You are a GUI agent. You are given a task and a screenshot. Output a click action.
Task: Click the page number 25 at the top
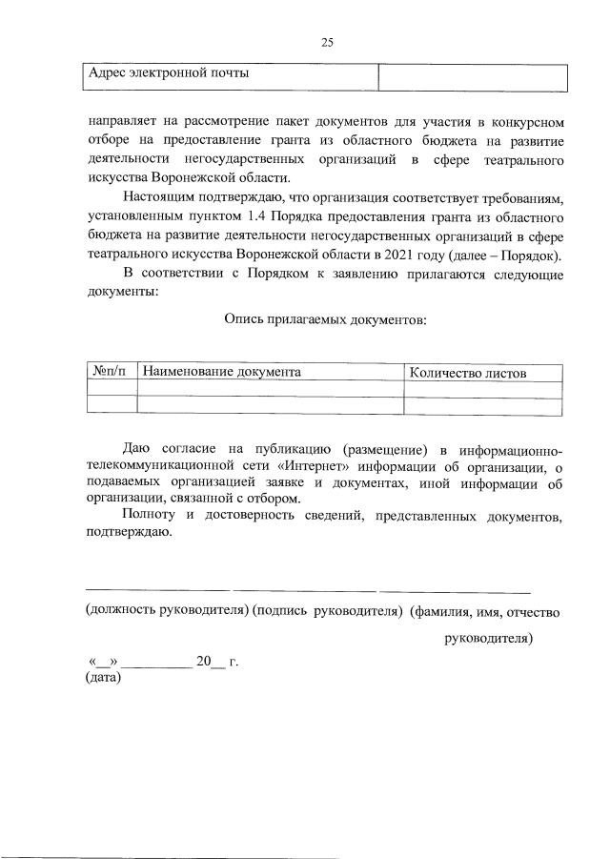click(x=326, y=42)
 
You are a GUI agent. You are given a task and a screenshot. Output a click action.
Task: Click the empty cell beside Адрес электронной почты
click(x=473, y=75)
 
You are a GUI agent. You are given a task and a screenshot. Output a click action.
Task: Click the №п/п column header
click(x=111, y=372)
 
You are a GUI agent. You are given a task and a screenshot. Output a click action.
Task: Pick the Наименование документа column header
click(x=222, y=372)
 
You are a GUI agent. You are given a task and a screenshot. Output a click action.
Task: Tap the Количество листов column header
click(x=467, y=373)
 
